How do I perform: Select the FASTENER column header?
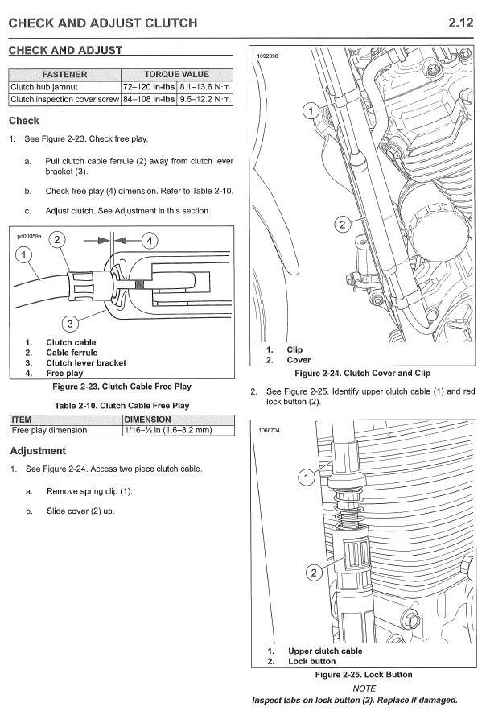click(x=64, y=74)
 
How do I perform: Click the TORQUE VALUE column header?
click(x=176, y=74)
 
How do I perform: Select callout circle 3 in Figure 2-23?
click(x=70, y=324)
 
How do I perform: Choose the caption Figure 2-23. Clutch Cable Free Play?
click(x=121, y=387)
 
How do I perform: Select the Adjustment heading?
click(x=37, y=451)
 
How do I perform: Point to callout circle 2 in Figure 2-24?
click(x=343, y=225)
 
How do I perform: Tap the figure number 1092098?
click(x=267, y=56)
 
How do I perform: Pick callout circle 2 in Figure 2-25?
click(x=312, y=573)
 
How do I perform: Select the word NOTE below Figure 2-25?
click(x=364, y=688)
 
